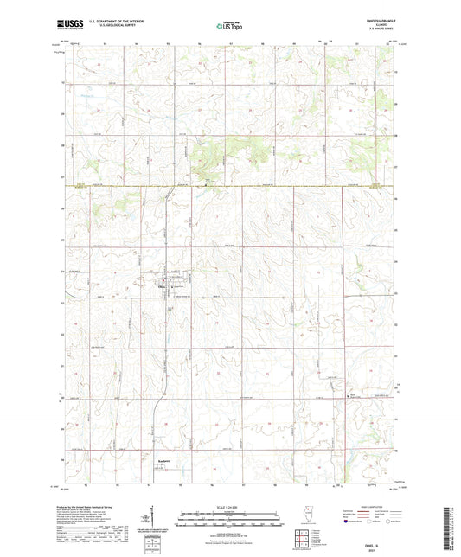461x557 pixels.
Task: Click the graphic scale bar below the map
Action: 230,518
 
